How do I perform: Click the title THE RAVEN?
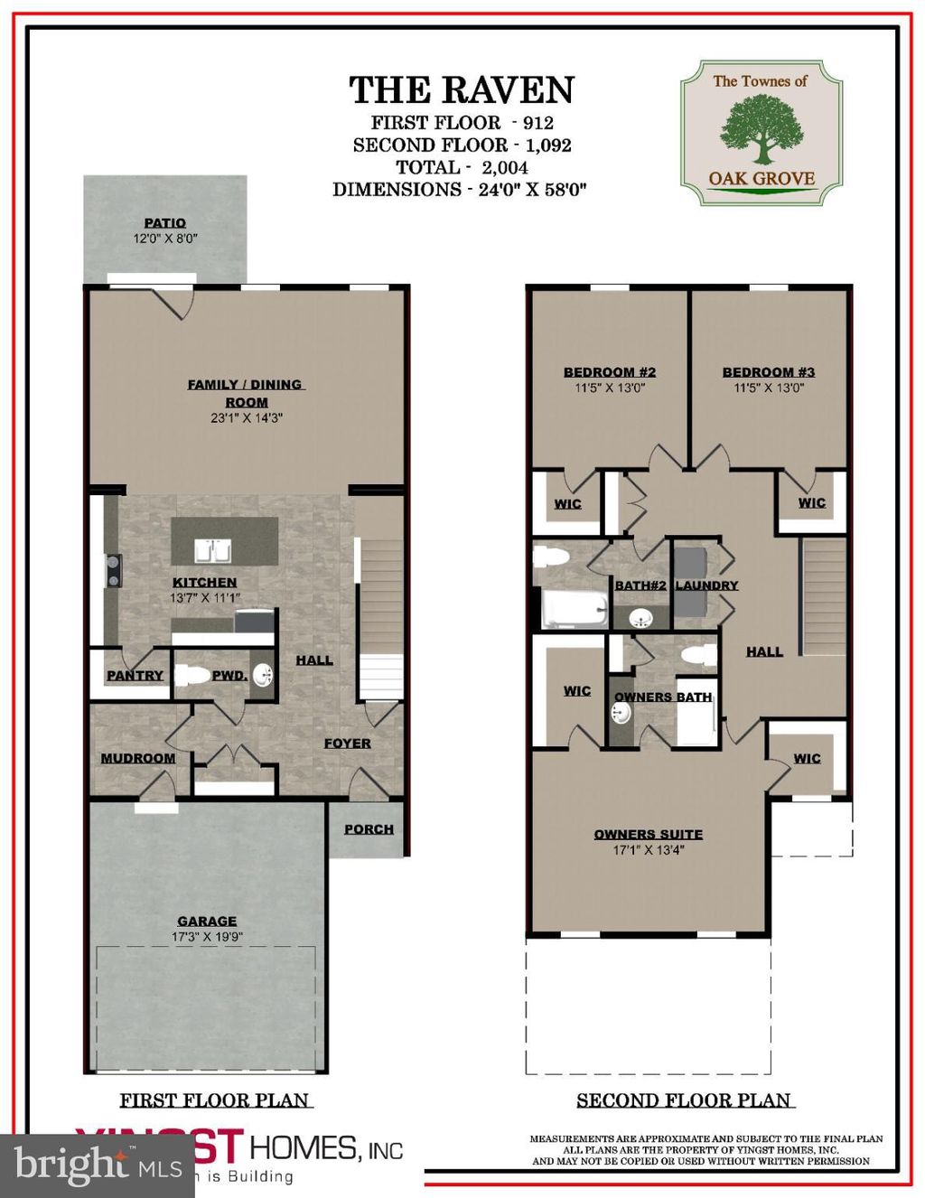click(462, 90)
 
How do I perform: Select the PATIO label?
click(165, 222)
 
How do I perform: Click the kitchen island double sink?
click(213, 550)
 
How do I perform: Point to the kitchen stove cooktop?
click(114, 572)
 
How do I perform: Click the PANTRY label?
click(135, 675)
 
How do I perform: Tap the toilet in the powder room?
click(191, 674)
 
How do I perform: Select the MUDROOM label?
click(138, 758)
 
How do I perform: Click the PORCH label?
click(369, 828)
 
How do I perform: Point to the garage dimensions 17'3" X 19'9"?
click(207, 937)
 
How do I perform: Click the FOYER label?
click(348, 743)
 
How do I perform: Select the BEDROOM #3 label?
click(769, 371)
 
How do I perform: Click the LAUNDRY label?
click(706, 585)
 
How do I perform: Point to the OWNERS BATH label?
click(663, 697)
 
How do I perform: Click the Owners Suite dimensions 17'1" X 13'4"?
click(648, 850)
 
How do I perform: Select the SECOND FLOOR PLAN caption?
click(684, 1100)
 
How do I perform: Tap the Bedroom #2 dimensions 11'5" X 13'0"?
click(610, 388)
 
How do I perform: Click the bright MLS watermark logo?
click(98, 1165)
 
